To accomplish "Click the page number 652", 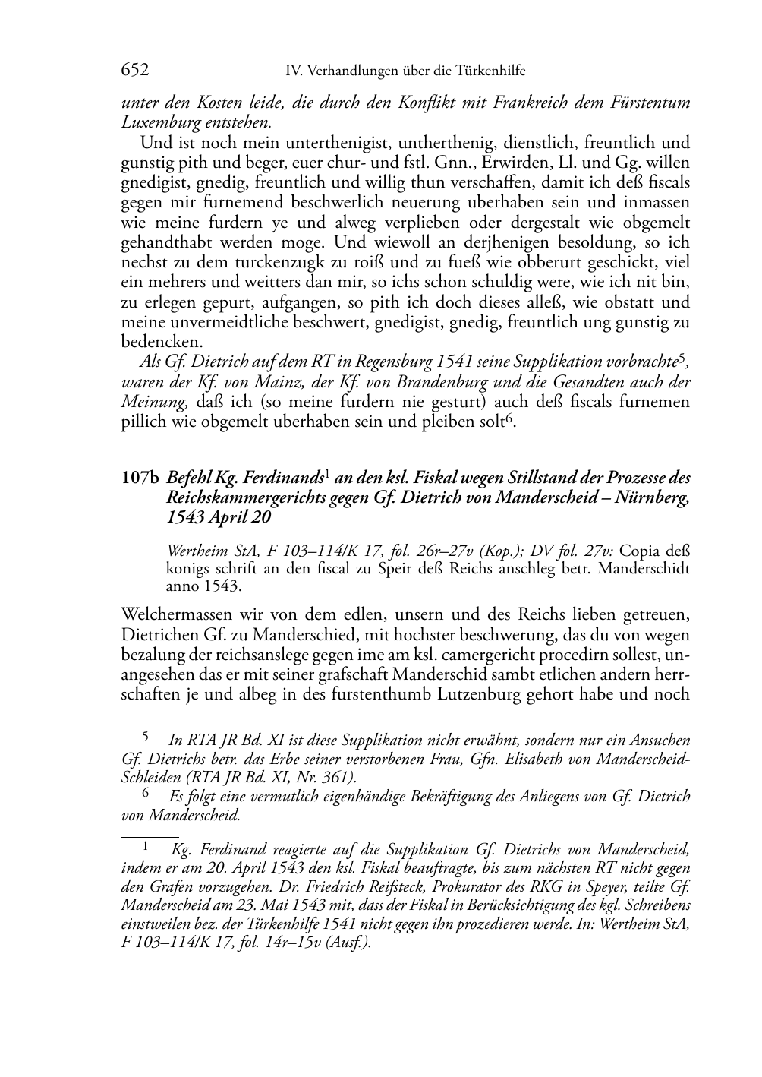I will coord(135,71).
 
